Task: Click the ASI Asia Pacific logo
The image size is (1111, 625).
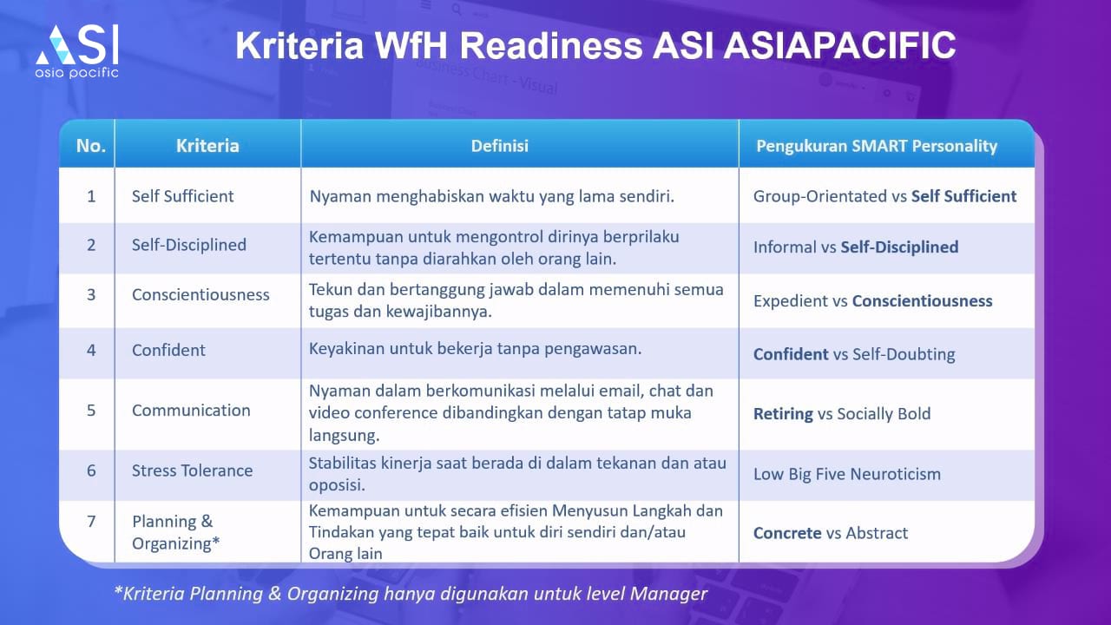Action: click(77, 52)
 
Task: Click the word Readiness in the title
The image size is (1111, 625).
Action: click(551, 46)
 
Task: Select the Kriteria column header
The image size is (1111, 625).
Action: click(207, 146)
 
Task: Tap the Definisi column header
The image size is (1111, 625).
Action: click(499, 146)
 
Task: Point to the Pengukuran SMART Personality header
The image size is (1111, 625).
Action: click(877, 146)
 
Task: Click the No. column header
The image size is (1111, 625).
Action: click(91, 146)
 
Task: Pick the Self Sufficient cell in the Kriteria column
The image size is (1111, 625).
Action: click(182, 196)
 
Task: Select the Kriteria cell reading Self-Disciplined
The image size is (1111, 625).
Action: click(189, 245)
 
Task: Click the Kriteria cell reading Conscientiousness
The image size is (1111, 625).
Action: click(201, 294)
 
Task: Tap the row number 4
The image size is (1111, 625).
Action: click(91, 350)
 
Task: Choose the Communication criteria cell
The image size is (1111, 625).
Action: click(191, 411)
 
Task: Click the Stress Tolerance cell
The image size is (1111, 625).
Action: click(192, 470)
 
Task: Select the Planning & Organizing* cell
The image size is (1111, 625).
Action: click(175, 532)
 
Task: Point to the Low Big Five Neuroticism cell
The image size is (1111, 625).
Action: click(847, 474)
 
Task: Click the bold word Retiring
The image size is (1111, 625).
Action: click(783, 414)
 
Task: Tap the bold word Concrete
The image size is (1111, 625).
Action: click(787, 533)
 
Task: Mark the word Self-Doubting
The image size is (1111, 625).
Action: click(904, 354)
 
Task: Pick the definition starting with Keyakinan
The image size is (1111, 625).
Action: click(475, 349)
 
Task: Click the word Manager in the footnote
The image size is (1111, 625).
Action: click(668, 594)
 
